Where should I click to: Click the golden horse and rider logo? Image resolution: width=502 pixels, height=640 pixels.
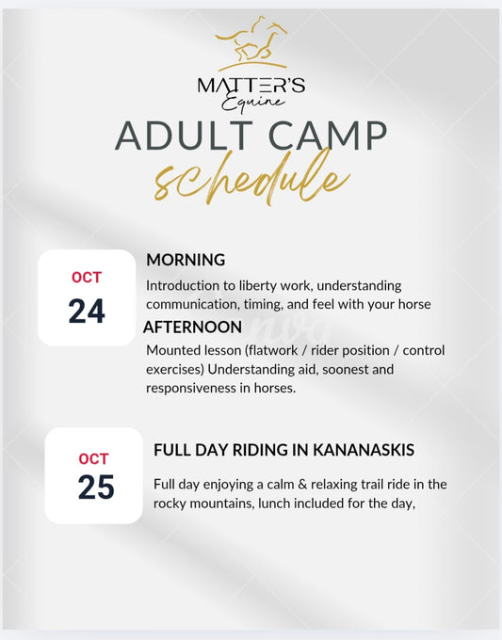(251, 43)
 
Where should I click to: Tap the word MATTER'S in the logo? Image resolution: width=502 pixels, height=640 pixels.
(251, 86)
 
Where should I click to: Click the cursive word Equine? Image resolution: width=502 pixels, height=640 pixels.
(252, 103)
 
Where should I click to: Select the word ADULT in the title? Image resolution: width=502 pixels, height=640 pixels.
(185, 136)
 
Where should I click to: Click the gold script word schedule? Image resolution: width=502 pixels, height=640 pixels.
(252, 179)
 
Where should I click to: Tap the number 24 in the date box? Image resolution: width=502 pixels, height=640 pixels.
(87, 311)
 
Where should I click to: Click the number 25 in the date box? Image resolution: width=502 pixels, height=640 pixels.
(96, 487)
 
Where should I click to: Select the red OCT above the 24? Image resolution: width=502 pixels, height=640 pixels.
(87, 278)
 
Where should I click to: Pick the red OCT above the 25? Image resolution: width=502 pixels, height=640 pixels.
(93, 458)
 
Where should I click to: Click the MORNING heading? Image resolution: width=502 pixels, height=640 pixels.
(186, 260)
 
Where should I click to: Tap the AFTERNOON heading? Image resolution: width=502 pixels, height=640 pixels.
(192, 327)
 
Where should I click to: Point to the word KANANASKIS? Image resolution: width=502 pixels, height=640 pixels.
(364, 450)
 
